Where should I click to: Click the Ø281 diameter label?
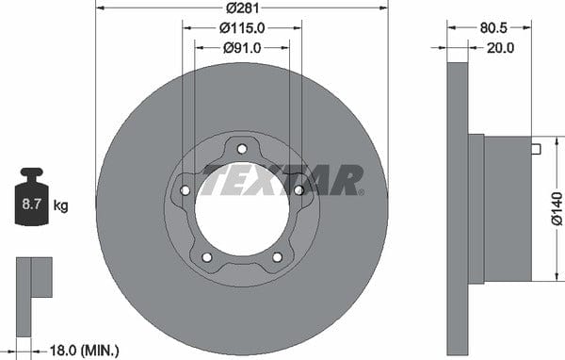[x=243, y=8]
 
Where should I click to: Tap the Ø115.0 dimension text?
[x=242, y=28]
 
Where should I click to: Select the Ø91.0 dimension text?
[x=242, y=48]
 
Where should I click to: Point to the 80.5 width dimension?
[x=493, y=28]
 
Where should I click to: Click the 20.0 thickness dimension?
[x=501, y=48]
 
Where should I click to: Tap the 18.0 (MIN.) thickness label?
[x=84, y=351]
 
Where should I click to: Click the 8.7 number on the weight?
[x=32, y=205]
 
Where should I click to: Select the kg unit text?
[x=60, y=206]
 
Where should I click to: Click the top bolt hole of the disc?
[x=242, y=149]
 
